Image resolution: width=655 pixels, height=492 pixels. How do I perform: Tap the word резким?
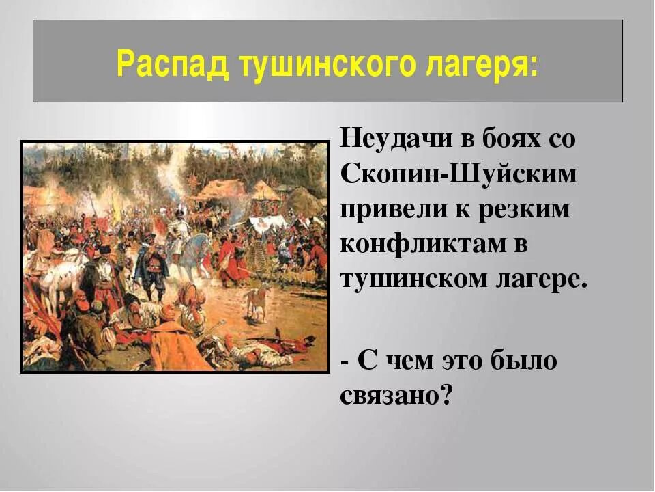(522, 210)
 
